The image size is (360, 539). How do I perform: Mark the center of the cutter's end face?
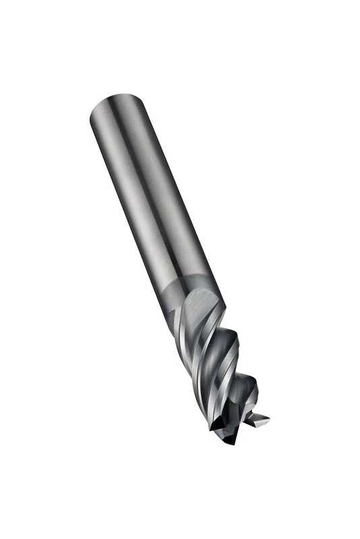233,421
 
